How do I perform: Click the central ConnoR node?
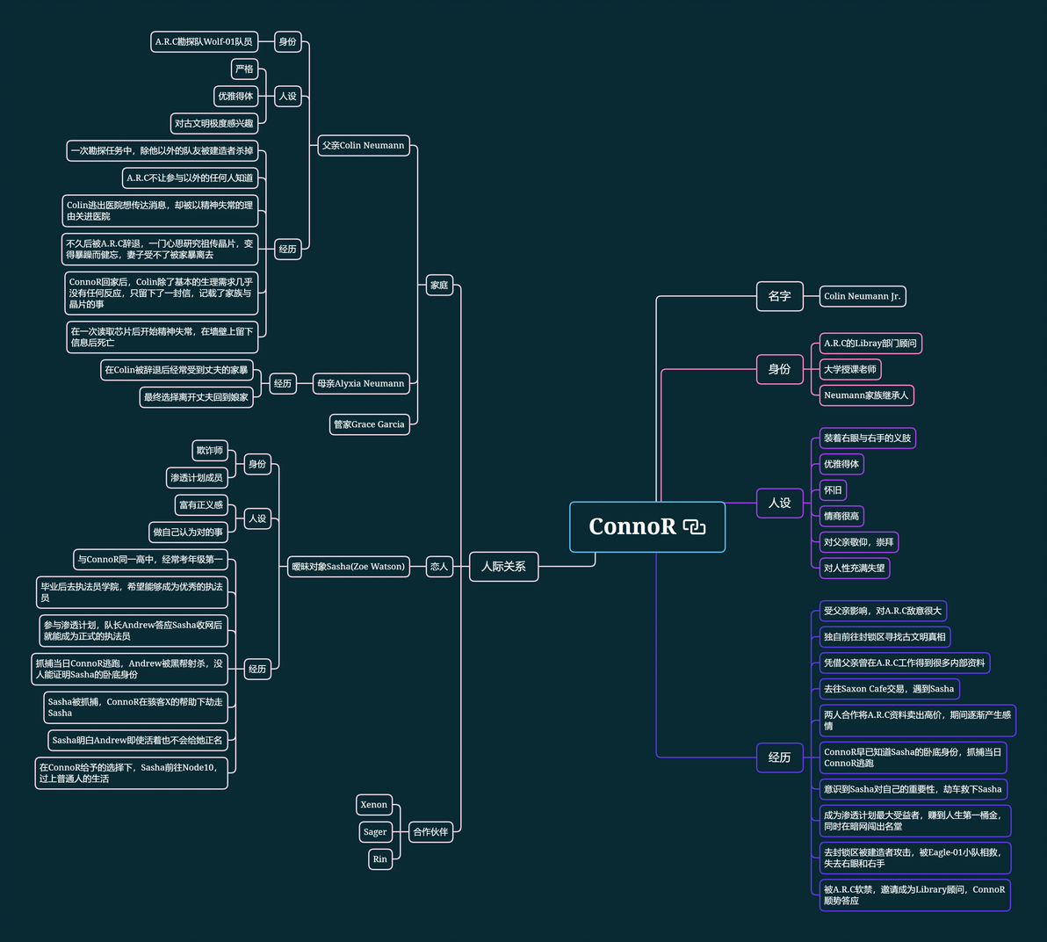pos(632,526)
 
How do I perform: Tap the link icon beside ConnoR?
pos(694,527)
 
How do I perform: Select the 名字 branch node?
pos(779,296)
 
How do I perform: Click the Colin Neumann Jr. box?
pos(862,296)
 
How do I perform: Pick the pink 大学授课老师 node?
pos(849,369)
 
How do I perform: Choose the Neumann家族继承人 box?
pos(866,395)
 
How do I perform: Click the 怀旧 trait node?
pos(833,490)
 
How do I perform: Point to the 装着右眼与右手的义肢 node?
pos(867,438)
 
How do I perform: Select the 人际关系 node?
pos(503,567)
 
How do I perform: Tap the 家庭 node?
pos(439,285)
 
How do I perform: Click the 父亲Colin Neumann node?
pos(364,146)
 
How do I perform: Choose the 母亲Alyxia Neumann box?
pos(361,384)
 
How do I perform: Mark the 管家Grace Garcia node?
pos(369,424)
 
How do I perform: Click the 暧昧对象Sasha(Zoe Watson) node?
pos(348,567)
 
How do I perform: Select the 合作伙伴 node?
pos(430,831)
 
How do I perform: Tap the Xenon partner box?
pos(373,805)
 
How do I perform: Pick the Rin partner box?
pos(379,859)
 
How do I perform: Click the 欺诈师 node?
pos(210,451)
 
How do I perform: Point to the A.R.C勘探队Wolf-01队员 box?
pos(204,41)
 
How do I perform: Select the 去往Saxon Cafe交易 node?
pos(889,689)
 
